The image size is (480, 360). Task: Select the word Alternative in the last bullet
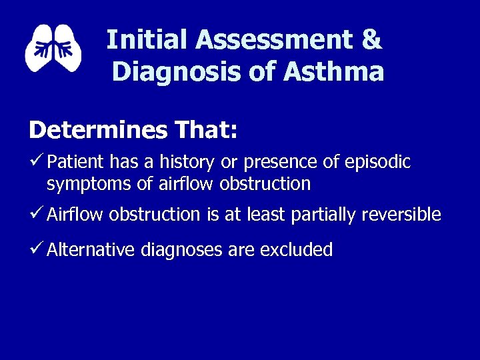pyautogui.click(x=90, y=250)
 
